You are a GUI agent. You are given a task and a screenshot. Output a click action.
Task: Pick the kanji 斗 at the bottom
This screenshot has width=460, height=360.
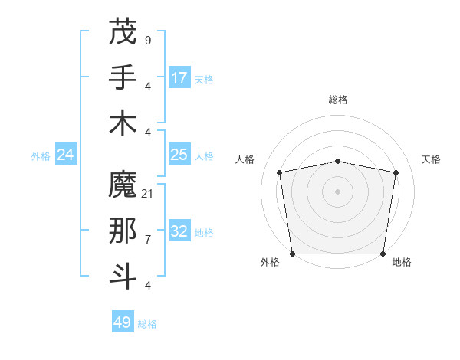[x=123, y=277]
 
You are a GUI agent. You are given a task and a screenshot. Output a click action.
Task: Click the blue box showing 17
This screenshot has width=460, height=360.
[x=179, y=78]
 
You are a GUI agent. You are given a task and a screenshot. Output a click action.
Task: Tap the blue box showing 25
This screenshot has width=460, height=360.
[x=179, y=155]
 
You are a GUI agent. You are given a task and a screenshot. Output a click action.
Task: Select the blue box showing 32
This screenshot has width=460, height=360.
[x=179, y=231]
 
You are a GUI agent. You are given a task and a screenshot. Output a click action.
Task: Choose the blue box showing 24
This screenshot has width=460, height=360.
[x=66, y=155]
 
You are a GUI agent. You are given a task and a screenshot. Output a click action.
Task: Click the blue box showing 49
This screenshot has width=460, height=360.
[x=123, y=322]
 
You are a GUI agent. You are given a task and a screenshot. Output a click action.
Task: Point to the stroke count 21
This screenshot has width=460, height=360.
[x=147, y=193]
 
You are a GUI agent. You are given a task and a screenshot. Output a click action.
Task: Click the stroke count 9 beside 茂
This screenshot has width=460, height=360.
[x=147, y=40]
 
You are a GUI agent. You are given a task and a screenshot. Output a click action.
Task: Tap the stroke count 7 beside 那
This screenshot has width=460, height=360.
[x=147, y=239]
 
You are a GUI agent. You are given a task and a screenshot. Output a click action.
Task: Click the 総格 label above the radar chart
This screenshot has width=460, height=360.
[x=338, y=100]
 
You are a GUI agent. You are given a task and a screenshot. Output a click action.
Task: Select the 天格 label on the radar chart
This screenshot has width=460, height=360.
[x=431, y=159]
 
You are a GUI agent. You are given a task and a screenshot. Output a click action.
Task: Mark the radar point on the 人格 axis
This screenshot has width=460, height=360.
[x=280, y=172]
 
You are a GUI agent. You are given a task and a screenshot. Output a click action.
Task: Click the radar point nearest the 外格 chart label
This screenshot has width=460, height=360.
[x=292, y=254]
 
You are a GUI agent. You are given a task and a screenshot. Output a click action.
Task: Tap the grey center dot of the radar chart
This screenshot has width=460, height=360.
[x=338, y=191]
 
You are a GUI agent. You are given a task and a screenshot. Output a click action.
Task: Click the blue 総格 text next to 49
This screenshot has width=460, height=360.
[x=147, y=324]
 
